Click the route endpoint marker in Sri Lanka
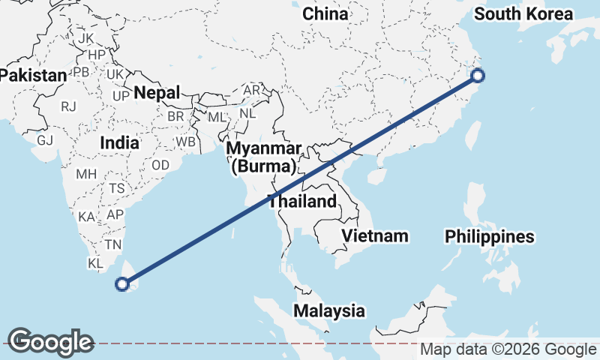(x=123, y=283)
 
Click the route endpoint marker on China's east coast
(x=478, y=75)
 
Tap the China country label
(x=325, y=13)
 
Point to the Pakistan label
(x=34, y=75)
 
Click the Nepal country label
(x=157, y=93)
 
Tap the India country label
(x=119, y=142)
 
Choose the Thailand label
(x=302, y=202)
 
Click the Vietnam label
(x=375, y=236)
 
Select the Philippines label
(x=490, y=236)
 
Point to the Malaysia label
(x=329, y=310)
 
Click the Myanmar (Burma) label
(x=265, y=157)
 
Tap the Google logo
(x=50, y=341)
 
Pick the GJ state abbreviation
(x=45, y=139)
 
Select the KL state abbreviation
(x=95, y=264)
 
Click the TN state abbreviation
(x=113, y=244)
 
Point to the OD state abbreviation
(x=160, y=165)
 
